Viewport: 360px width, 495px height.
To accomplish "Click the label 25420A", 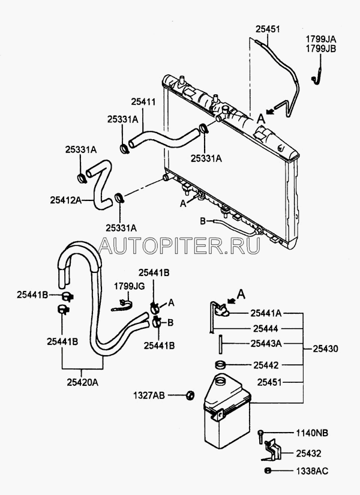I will coord(81,380).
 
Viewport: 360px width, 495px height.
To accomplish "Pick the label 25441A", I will coord(266,313).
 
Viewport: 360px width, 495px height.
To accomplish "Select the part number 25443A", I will coord(266,344).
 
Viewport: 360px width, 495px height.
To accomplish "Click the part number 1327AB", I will coord(149,395).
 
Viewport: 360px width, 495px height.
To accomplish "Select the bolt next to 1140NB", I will coord(260,434).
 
